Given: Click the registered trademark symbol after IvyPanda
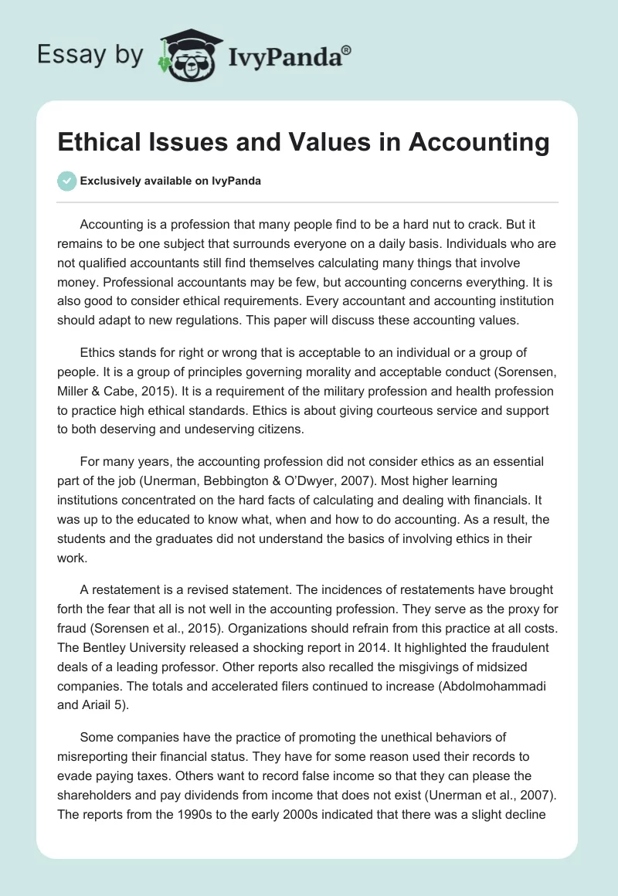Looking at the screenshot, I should point(347,49).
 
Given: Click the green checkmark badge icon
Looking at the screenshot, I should point(66,181).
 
